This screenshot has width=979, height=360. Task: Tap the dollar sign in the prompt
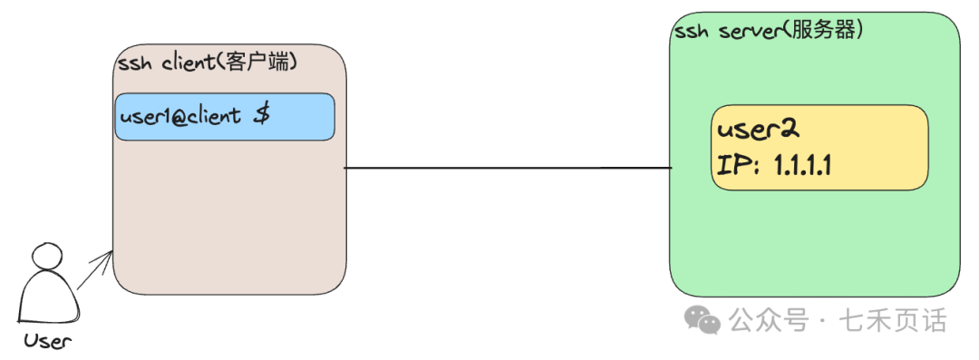point(260,115)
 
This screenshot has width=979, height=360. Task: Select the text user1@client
point(179,117)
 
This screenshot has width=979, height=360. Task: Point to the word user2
point(757,131)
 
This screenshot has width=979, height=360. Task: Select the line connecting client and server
point(508,168)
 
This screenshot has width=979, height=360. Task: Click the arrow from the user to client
point(95,270)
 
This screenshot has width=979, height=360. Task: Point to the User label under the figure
point(47,341)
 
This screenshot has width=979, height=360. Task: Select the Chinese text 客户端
point(264,64)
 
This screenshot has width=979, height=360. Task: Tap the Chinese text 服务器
point(824,30)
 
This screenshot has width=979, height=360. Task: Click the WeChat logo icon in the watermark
point(703,319)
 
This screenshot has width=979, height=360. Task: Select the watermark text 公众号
point(769,320)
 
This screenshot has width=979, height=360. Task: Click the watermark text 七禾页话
point(893,320)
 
